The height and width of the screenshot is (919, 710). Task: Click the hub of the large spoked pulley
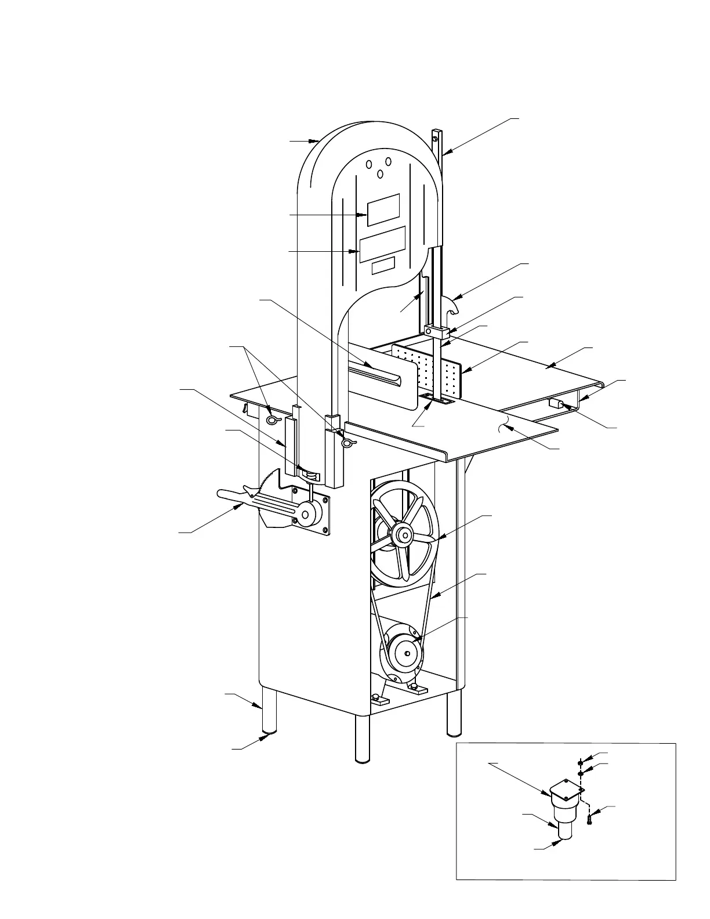tap(403, 535)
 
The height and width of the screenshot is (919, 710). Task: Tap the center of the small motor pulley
tap(407, 654)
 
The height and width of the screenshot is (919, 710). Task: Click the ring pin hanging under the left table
tap(273, 419)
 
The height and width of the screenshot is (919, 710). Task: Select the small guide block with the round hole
tap(439, 332)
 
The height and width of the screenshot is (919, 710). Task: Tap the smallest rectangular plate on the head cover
tap(383, 266)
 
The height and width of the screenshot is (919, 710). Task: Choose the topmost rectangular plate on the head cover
tap(383, 209)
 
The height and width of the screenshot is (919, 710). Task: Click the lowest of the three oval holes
tap(380, 174)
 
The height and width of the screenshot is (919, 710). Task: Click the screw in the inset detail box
tap(589, 820)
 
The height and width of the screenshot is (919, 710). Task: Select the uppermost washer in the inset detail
tap(580, 762)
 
